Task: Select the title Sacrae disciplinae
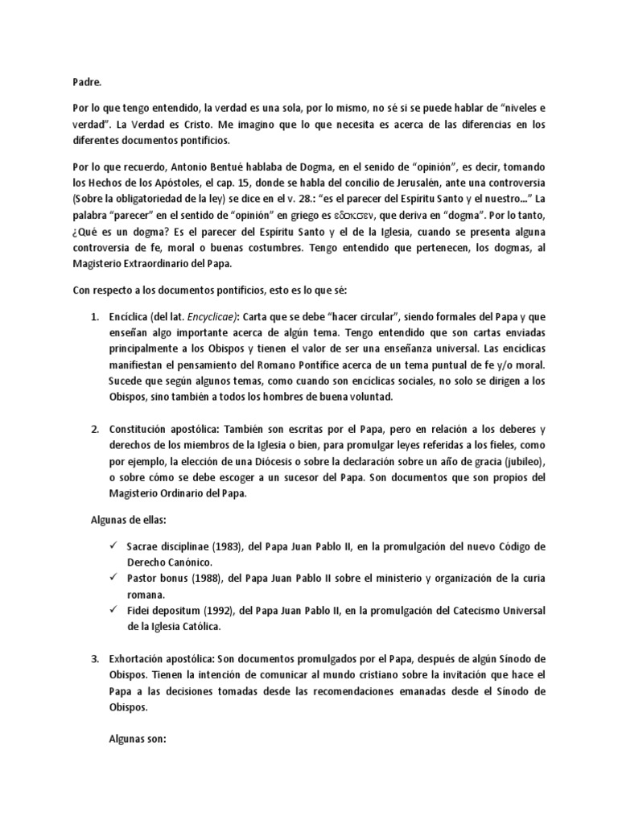[165, 546]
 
